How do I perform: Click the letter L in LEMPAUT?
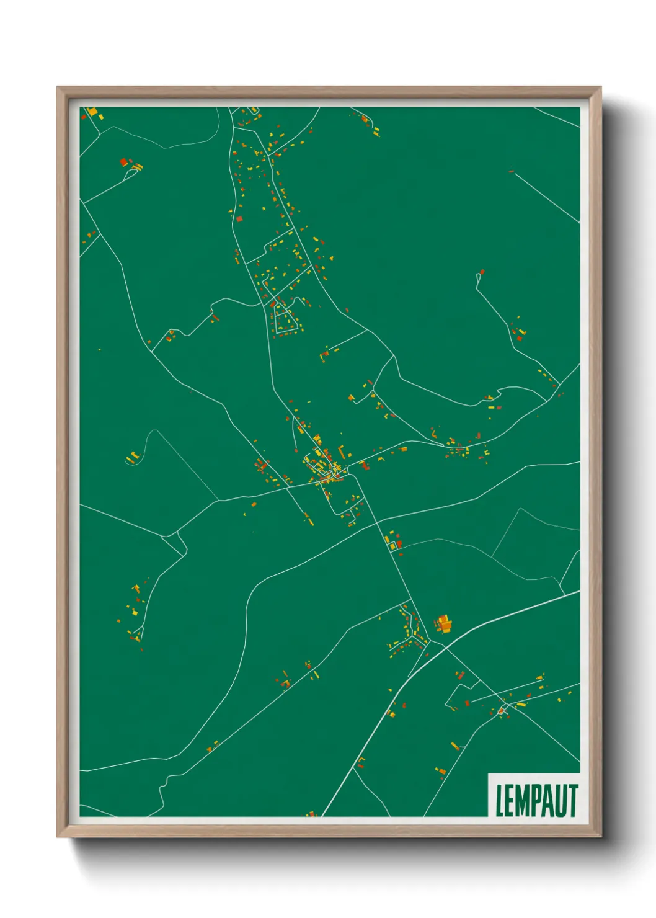(x=500, y=801)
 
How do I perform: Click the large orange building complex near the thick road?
(x=443, y=623)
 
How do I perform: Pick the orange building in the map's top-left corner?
(x=93, y=112)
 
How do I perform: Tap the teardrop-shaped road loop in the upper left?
(x=131, y=174)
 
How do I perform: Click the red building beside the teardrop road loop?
(x=123, y=162)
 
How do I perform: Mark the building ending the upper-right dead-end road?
(x=482, y=272)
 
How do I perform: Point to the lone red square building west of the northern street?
(x=239, y=218)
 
